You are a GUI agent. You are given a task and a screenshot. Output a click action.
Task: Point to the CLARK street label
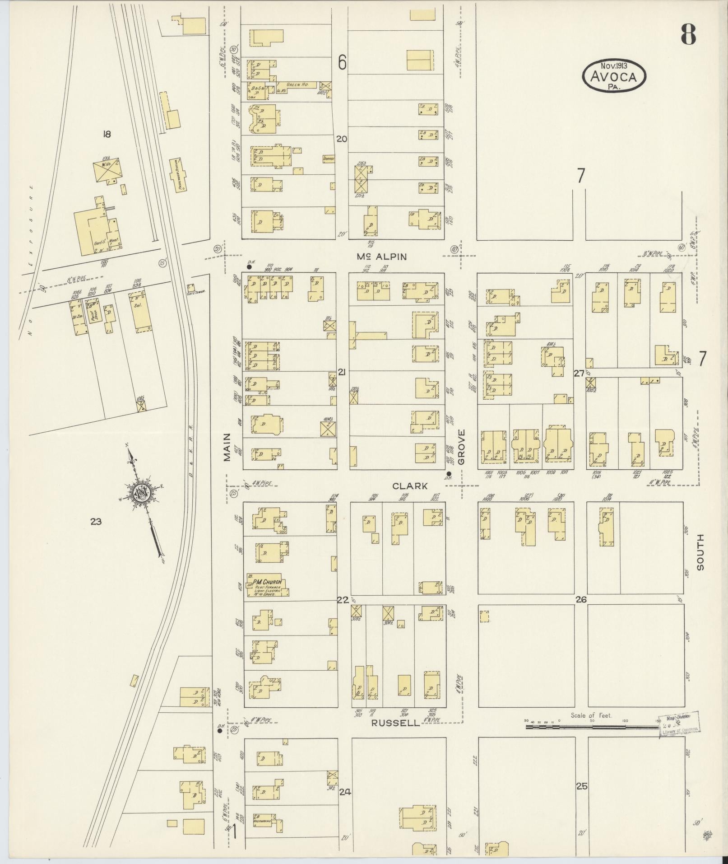410,486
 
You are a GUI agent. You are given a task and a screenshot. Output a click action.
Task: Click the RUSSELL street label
395,723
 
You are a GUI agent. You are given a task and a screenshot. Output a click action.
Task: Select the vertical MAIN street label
227,447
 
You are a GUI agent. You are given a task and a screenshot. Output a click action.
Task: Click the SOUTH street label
700,552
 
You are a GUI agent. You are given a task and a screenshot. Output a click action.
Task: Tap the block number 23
95,522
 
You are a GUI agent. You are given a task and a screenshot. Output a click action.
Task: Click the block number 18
107,134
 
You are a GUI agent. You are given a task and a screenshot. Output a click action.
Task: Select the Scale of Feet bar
591,727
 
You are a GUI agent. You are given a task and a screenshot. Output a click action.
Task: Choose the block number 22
342,600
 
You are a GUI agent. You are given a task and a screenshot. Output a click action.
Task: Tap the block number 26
580,600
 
